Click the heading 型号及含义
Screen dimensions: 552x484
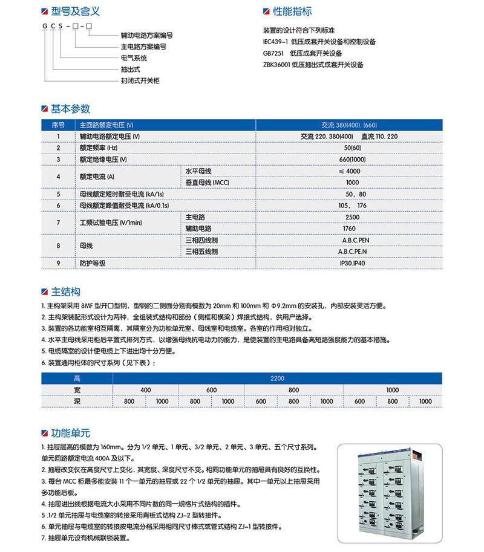click(x=71, y=11)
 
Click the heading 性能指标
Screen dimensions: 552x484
click(x=293, y=11)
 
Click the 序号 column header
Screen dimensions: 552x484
click(x=58, y=125)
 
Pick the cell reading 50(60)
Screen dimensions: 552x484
click(x=352, y=148)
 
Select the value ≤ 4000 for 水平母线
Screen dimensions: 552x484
click(x=352, y=171)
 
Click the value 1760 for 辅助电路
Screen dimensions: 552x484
click(x=349, y=229)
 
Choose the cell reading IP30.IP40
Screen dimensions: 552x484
click(x=352, y=264)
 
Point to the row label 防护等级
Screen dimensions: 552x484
click(x=93, y=264)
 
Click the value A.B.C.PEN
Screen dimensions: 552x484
click(x=352, y=240)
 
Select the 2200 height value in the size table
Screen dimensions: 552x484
click(x=278, y=378)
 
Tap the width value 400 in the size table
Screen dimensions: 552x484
click(x=145, y=390)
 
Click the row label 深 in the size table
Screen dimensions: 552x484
click(x=76, y=401)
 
